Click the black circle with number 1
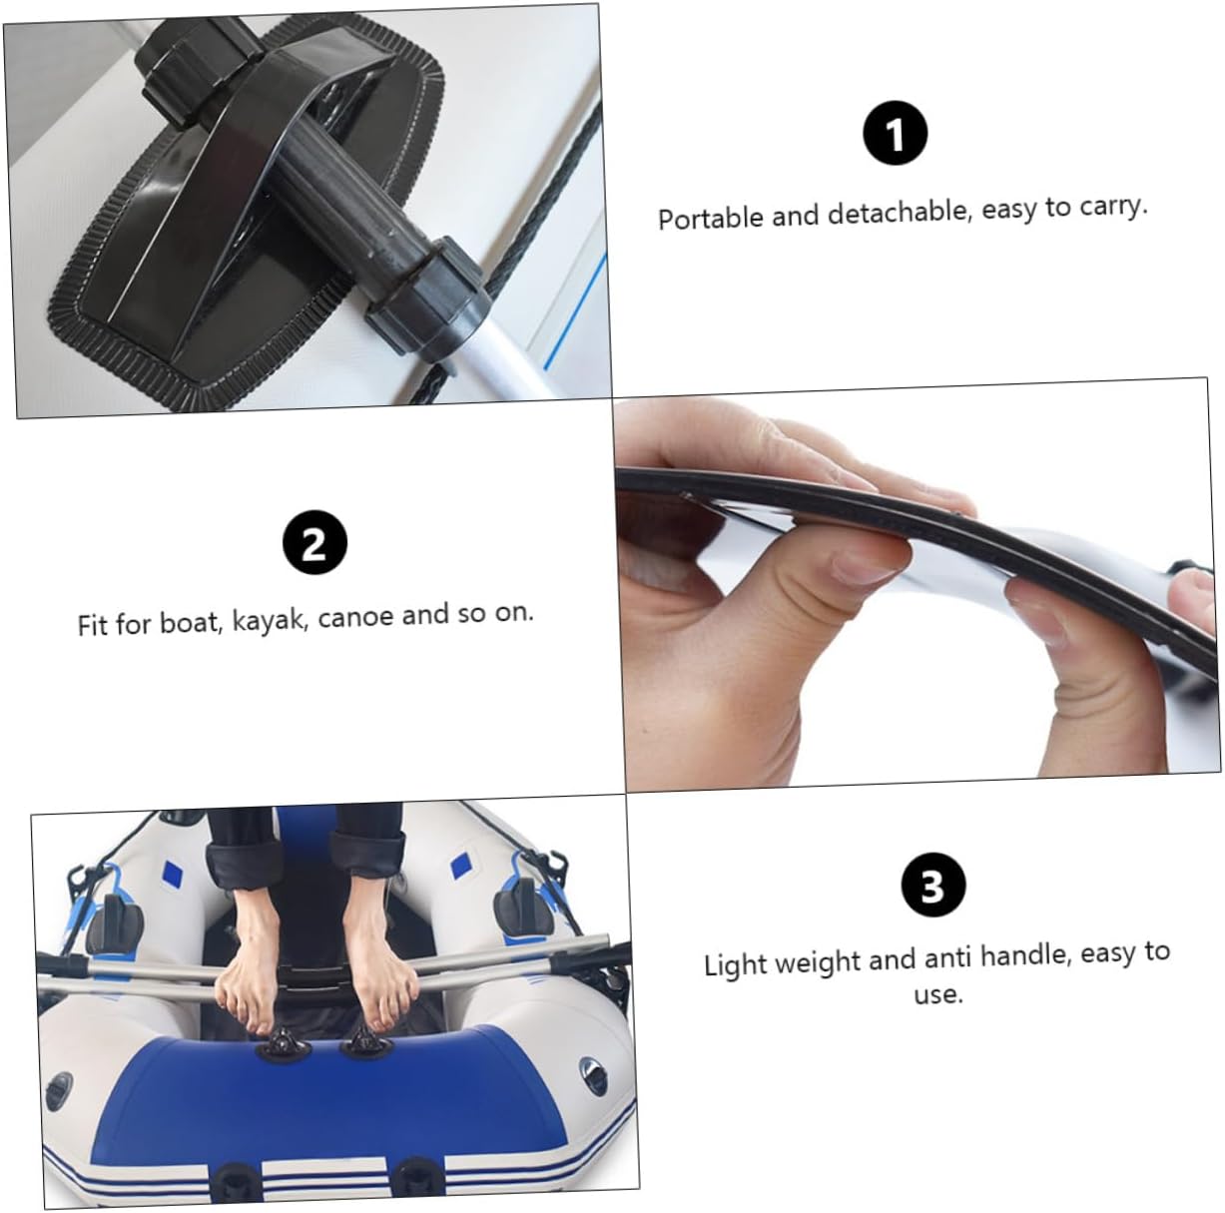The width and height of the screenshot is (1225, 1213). click(895, 134)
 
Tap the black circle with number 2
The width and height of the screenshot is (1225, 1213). click(313, 544)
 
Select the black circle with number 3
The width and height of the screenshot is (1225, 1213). click(932, 886)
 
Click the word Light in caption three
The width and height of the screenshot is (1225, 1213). click(736, 964)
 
